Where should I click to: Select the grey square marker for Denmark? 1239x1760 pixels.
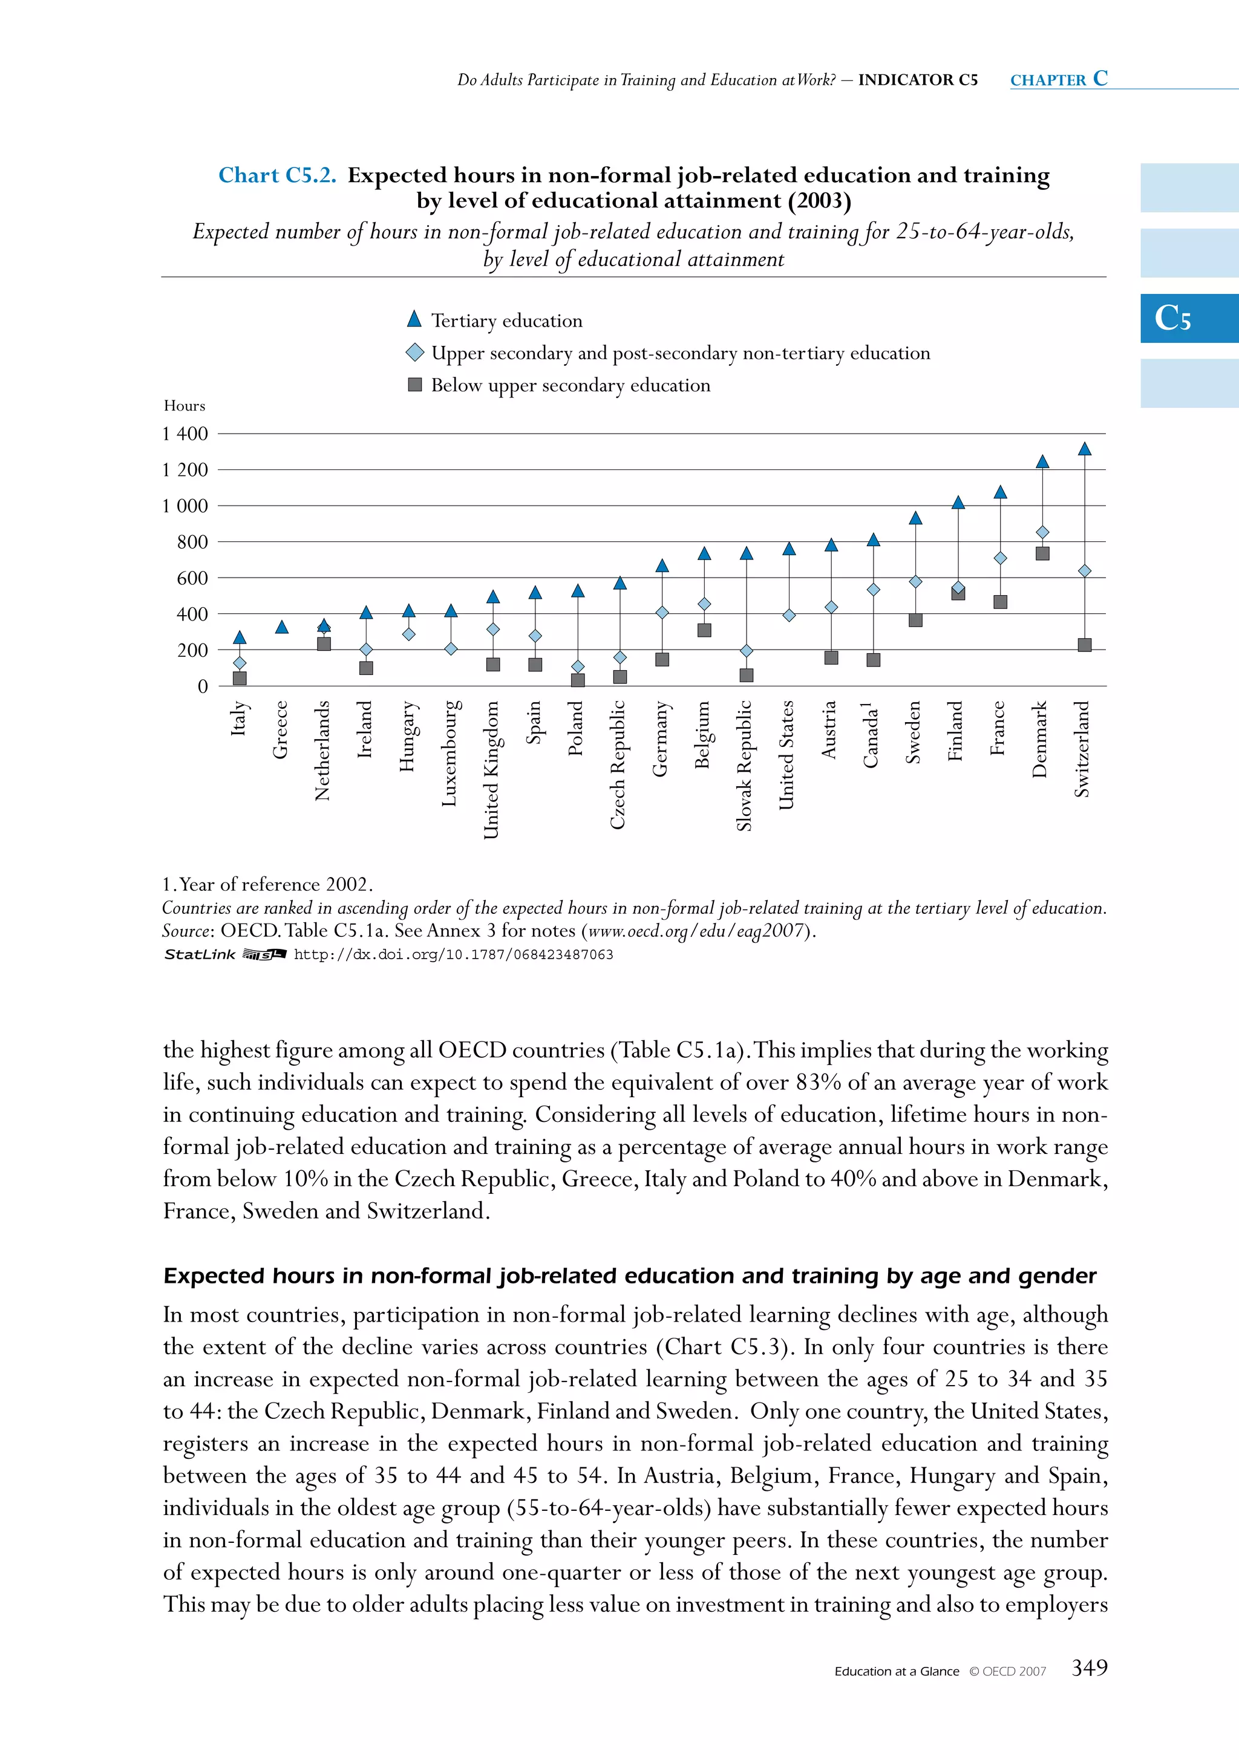coord(1042,553)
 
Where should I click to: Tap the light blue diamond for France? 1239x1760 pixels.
coord(1000,558)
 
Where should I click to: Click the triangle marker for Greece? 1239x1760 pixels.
coord(281,627)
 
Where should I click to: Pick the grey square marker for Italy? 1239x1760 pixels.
coord(239,677)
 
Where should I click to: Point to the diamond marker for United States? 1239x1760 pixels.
coord(789,614)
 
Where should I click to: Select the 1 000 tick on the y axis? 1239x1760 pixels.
coord(185,506)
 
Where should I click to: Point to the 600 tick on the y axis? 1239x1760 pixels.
coord(192,578)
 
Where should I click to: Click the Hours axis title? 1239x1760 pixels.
coord(184,405)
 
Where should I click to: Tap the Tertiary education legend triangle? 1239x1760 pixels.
coord(414,319)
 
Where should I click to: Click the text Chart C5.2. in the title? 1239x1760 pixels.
coord(277,175)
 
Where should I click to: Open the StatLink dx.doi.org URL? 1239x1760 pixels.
coord(453,954)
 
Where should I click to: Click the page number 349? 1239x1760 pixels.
coord(1089,1667)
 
